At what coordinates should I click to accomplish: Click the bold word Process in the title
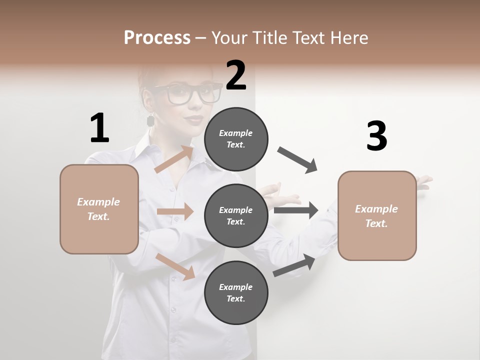[x=157, y=38]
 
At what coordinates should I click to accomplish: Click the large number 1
[x=99, y=128]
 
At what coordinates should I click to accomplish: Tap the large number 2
[x=236, y=75]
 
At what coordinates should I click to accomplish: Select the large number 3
[x=376, y=136]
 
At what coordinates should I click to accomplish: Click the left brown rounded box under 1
[x=99, y=209]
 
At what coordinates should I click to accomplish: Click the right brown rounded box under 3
[x=377, y=215]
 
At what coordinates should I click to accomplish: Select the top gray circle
[x=236, y=139]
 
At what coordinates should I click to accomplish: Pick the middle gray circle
[x=236, y=215]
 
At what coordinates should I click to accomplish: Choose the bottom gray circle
[x=236, y=292]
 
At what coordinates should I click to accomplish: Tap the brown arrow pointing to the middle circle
[x=175, y=211]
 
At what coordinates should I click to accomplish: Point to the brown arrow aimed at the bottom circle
[x=175, y=266]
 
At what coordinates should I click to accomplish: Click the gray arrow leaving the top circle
[x=297, y=160]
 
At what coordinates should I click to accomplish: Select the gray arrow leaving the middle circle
[x=296, y=210]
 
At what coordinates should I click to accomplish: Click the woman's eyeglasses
[x=187, y=93]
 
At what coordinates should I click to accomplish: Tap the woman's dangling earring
[x=150, y=120]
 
